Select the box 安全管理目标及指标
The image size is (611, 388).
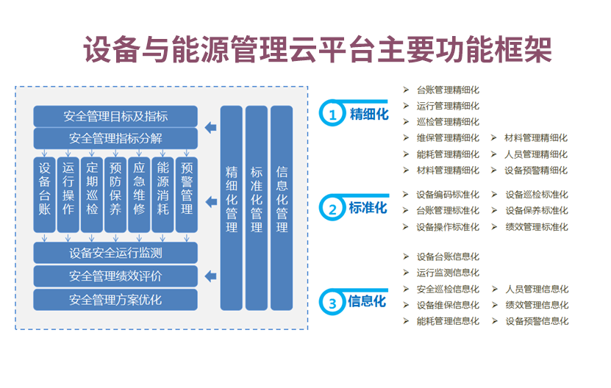pos(115,116)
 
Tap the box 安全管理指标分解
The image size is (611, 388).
pos(115,137)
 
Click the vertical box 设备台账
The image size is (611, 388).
pos(44,193)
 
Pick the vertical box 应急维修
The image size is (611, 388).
pos(139,193)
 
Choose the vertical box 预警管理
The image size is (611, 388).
pos(187,193)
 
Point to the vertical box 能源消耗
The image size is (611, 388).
pos(162,193)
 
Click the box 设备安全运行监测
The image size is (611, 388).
pos(115,254)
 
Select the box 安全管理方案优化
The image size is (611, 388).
pos(115,300)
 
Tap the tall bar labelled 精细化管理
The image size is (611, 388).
pos(232,207)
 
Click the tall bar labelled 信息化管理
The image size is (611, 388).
pos(282,207)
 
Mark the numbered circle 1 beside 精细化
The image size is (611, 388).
pos(333,115)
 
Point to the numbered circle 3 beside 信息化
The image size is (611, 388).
pos(333,303)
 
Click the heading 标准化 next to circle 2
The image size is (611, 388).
pos(368,208)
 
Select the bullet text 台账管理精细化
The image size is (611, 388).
pos(448,90)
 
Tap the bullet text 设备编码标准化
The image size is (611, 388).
pos(448,195)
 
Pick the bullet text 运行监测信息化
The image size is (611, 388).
pos(448,273)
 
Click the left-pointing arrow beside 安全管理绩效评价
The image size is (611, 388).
pos(210,276)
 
